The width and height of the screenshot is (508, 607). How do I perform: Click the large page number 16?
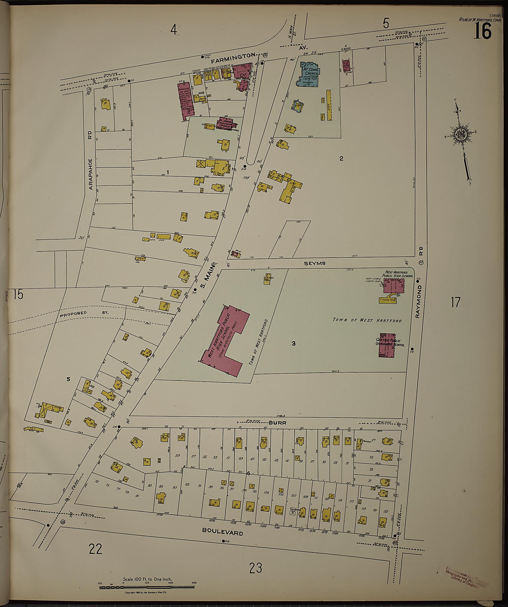pyautogui.click(x=482, y=31)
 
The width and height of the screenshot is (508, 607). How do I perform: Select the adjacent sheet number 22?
pyautogui.click(x=95, y=549)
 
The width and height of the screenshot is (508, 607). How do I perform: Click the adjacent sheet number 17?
pyautogui.click(x=455, y=302)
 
